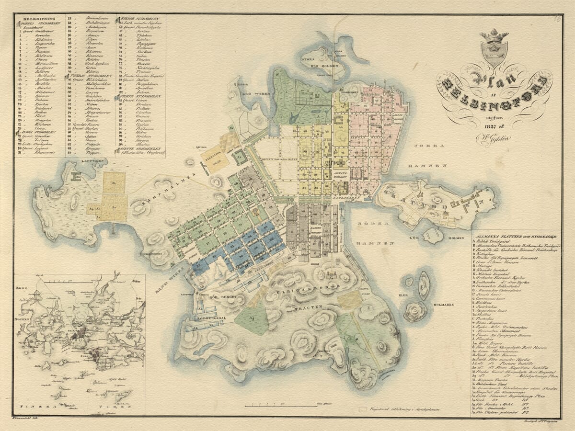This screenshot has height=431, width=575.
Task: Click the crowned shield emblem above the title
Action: (x=494, y=47)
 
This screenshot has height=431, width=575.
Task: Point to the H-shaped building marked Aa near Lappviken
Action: (x=76, y=176)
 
